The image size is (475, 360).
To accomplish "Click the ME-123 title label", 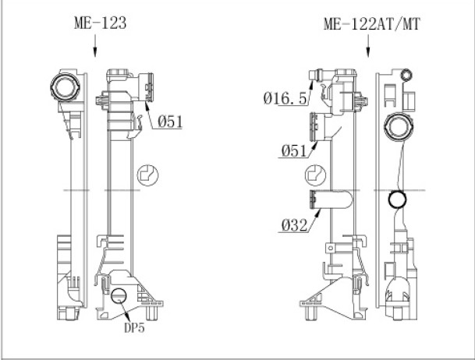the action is pyautogui.click(x=101, y=23).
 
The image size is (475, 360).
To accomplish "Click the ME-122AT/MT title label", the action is pyautogui.click(x=372, y=24).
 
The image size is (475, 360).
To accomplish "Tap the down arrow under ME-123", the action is pyautogui.click(x=95, y=46).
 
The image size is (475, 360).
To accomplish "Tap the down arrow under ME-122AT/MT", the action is pyautogui.click(x=368, y=46).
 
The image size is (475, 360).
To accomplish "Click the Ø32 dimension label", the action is pyautogui.click(x=294, y=225).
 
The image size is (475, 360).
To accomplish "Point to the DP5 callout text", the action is pyautogui.click(x=134, y=327).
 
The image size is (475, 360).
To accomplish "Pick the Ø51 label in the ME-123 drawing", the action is pyautogui.click(x=170, y=122).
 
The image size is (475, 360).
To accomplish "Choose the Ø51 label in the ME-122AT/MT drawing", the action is pyautogui.click(x=294, y=150).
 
